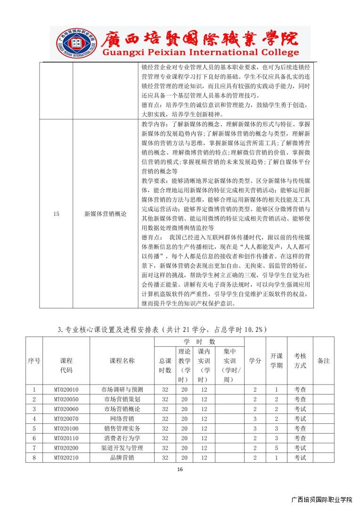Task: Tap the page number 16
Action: [x=180, y=469]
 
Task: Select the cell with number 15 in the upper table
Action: [x=56, y=213]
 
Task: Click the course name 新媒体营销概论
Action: [x=106, y=213]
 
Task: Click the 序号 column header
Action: [x=34, y=361]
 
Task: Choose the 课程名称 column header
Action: [x=122, y=361]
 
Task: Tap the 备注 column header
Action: [x=323, y=361]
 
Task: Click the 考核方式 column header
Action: [x=300, y=361]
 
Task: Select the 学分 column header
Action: [x=255, y=361]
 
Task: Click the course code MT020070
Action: [x=66, y=419]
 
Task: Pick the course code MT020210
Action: [x=66, y=457]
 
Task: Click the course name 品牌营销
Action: [x=122, y=457]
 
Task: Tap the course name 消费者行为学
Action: [x=122, y=438]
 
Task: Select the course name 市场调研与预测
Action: [x=122, y=390]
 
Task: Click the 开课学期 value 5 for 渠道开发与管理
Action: [x=276, y=448]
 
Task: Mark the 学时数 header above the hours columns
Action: [x=199, y=341]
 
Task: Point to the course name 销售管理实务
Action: [x=122, y=428]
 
